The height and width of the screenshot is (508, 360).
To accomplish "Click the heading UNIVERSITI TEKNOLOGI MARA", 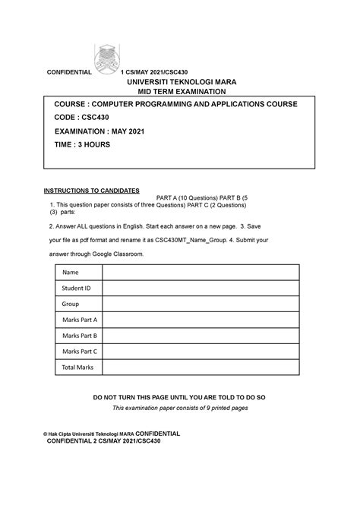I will [x=176, y=81].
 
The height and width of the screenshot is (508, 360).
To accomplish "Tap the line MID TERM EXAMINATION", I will [x=177, y=91].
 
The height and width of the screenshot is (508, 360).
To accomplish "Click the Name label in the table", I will [x=71, y=273].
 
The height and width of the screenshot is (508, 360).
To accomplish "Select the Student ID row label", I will [x=76, y=289].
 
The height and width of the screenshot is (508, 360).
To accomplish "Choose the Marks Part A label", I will [x=80, y=320].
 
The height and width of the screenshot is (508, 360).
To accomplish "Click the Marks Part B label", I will [x=80, y=336].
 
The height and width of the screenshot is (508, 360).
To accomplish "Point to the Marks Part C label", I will [x=80, y=352].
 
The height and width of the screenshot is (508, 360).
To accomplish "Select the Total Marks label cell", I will [x=77, y=368].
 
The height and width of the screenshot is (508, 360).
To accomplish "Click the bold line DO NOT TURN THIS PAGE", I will [x=179, y=397].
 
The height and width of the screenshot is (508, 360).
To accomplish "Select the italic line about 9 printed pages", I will [x=179, y=408].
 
